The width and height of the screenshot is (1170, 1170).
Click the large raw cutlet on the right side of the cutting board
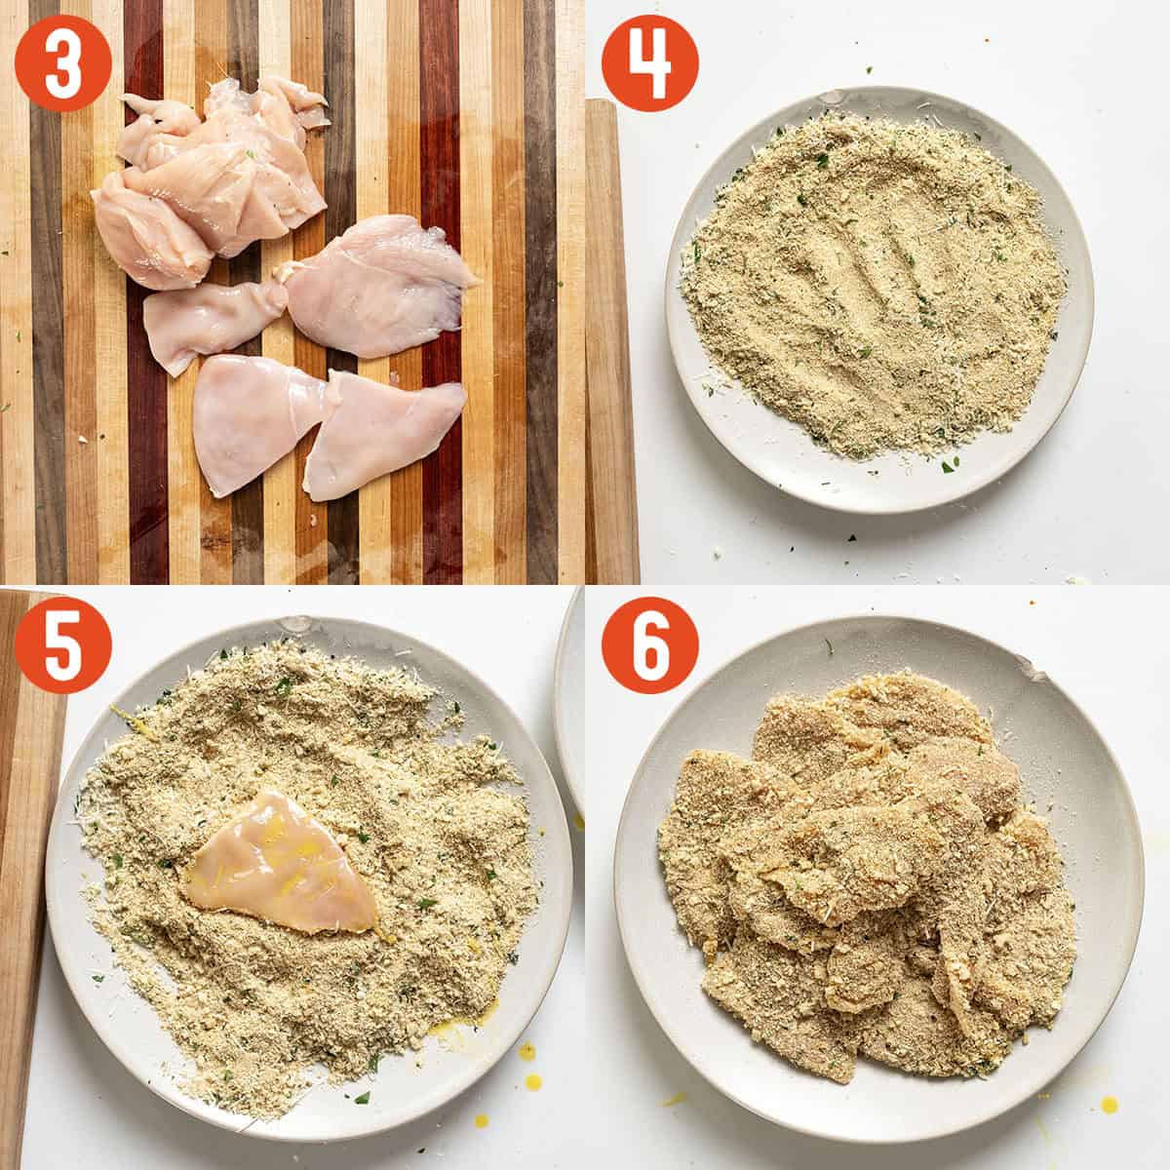coord(375,288)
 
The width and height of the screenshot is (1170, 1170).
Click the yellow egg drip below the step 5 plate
coord(526,1051)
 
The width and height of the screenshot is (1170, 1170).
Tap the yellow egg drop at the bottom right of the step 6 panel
coord(1111,1104)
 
